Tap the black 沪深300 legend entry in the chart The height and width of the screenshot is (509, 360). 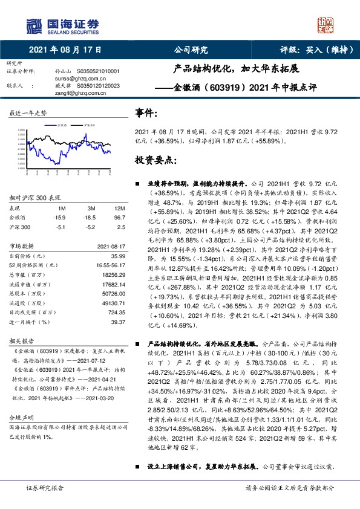(x=89, y=126)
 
